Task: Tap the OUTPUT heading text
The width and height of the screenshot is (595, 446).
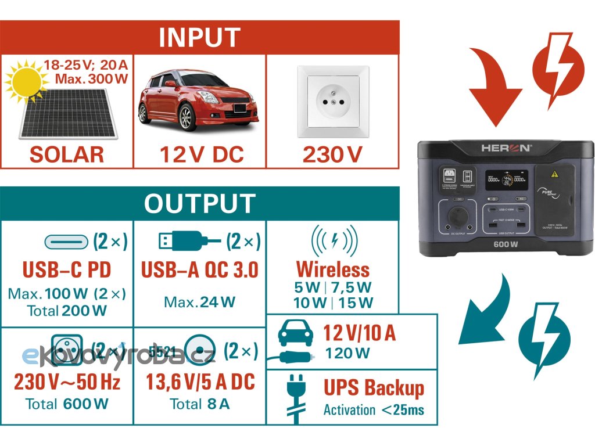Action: pyautogui.click(x=199, y=204)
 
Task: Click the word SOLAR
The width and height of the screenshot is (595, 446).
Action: pyautogui.click(x=67, y=154)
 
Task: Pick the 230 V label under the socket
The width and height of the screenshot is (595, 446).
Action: pyautogui.click(x=332, y=154)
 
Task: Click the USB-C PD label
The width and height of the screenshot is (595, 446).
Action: pyautogui.click(x=66, y=270)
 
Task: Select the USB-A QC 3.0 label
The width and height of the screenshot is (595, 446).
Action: pyautogui.click(x=199, y=270)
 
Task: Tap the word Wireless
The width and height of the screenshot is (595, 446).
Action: pyautogui.click(x=333, y=269)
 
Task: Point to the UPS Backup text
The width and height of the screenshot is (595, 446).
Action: pyautogui.click(x=374, y=388)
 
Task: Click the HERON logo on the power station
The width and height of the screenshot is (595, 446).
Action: pyautogui.click(x=505, y=148)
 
